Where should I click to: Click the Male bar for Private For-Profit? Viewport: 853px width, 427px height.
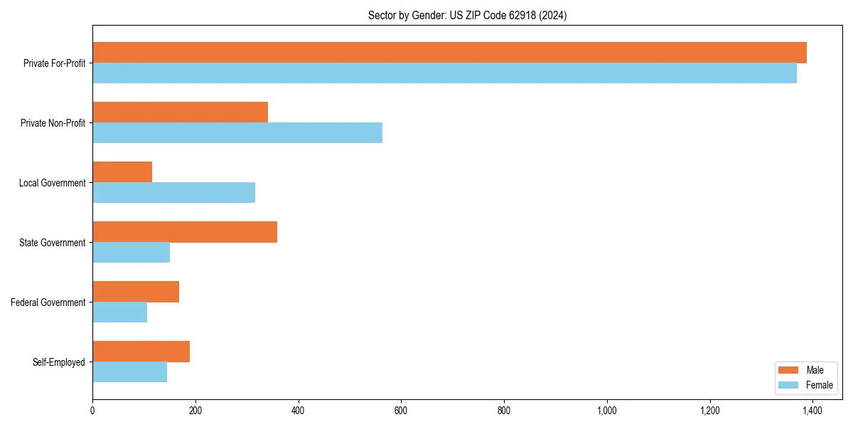[x=449, y=53]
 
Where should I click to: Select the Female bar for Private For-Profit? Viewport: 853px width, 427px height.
[x=444, y=73]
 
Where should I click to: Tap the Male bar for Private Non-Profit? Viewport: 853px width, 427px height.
[x=180, y=112]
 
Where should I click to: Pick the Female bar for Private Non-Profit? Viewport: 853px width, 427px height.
[x=237, y=133]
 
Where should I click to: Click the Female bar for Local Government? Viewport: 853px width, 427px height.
[x=173, y=193]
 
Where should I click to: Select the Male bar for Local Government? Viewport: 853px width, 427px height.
[x=122, y=172]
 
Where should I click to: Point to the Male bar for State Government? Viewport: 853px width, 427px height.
[x=185, y=232]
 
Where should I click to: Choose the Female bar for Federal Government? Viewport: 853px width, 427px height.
[x=119, y=312]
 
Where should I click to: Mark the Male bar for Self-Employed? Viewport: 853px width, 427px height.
[x=141, y=352]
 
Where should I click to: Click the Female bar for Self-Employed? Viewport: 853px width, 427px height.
[x=129, y=372]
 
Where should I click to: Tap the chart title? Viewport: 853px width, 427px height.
[x=467, y=15]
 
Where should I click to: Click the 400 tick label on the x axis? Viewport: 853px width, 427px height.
[x=298, y=411]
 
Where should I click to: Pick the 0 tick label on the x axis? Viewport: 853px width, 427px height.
[x=92, y=411]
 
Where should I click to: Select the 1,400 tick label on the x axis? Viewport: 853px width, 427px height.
[x=812, y=411]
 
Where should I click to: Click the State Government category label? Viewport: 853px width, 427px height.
[x=52, y=243]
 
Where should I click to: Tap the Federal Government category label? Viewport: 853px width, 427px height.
[x=48, y=302]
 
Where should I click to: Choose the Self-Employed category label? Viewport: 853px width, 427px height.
[x=58, y=362]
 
